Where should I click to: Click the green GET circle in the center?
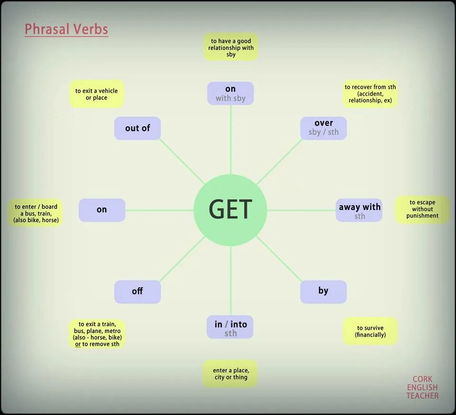click(230, 210)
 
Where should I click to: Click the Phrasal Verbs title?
click(66, 30)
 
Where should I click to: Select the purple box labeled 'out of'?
click(138, 128)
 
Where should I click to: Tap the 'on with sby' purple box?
click(230, 93)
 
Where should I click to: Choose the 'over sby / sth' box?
click(323, 128)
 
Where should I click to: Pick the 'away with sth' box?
click(359, 210)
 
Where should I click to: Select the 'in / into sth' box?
click(230, 327)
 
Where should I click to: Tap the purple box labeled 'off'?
click(138, 292)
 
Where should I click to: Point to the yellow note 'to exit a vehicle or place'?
click(96, 94)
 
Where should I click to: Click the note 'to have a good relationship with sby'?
click(231, 47)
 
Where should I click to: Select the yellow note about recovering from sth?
click(370, 94)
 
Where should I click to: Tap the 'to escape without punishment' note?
click(422, 209)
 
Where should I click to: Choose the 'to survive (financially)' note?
click(370, 331)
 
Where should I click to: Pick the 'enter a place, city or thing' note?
click(230, 374)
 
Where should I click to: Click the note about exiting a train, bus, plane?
click(97, 334)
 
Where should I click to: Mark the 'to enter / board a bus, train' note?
click(36, 213)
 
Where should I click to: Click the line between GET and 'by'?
click(279, 259)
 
